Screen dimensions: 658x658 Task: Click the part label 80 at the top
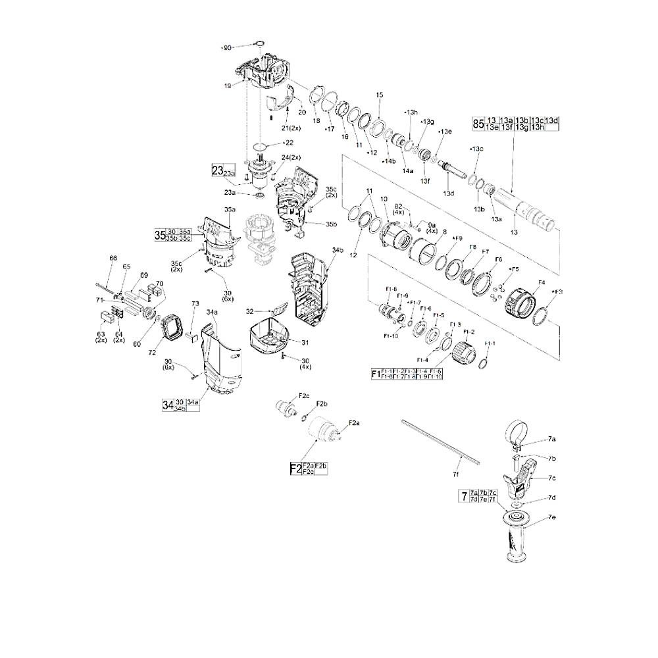(x=228, y=47)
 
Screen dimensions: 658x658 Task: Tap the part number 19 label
(x=227, y=86)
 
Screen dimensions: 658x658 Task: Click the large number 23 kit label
(x=217, y=170)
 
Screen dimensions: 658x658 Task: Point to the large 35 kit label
(x=159, y=235)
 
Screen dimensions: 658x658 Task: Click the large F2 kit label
(x=295, y=468)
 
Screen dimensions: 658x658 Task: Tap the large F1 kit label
(x=376, y=374)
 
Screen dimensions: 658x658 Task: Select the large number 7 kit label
(x=464, y=495)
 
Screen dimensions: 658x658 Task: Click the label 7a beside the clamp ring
(x=551, y=438)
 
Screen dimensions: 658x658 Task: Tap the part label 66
(x=113, y=259)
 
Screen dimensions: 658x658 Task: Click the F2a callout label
(x=354, y=422)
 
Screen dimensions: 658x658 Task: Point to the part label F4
(x=542, y=283)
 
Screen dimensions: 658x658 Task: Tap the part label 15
(x=379, y=95)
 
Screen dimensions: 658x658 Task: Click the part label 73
(x=195, y=303)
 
